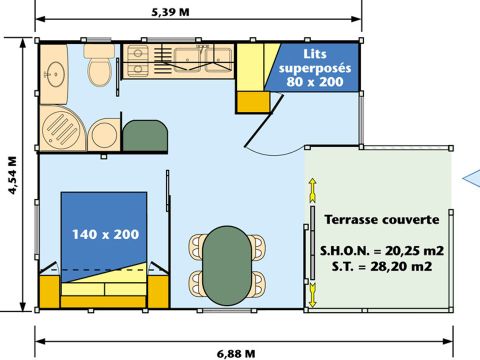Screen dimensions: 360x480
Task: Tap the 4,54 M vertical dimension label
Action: coord(12,174)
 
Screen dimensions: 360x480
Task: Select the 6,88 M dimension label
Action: coord(237,352)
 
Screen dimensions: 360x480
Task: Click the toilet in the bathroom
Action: coord(99,69)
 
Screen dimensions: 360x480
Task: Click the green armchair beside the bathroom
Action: coord(144,134)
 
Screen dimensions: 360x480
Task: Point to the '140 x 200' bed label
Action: coord(104,235)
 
